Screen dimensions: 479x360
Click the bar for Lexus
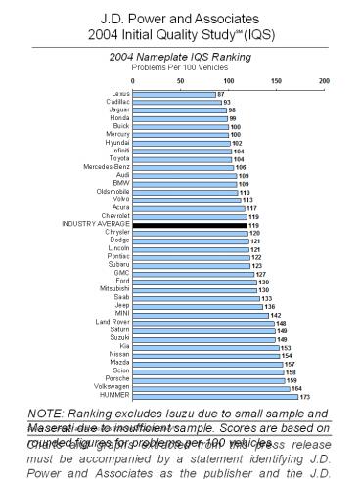click(173, 94)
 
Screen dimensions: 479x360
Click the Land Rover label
click(111, 323)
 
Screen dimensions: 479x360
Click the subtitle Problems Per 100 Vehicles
click(178, 67)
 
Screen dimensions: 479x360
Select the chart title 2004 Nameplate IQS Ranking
click(178, 58)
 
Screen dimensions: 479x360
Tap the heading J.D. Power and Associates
click(180, 18)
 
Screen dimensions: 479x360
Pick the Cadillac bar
click(176, 102)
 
